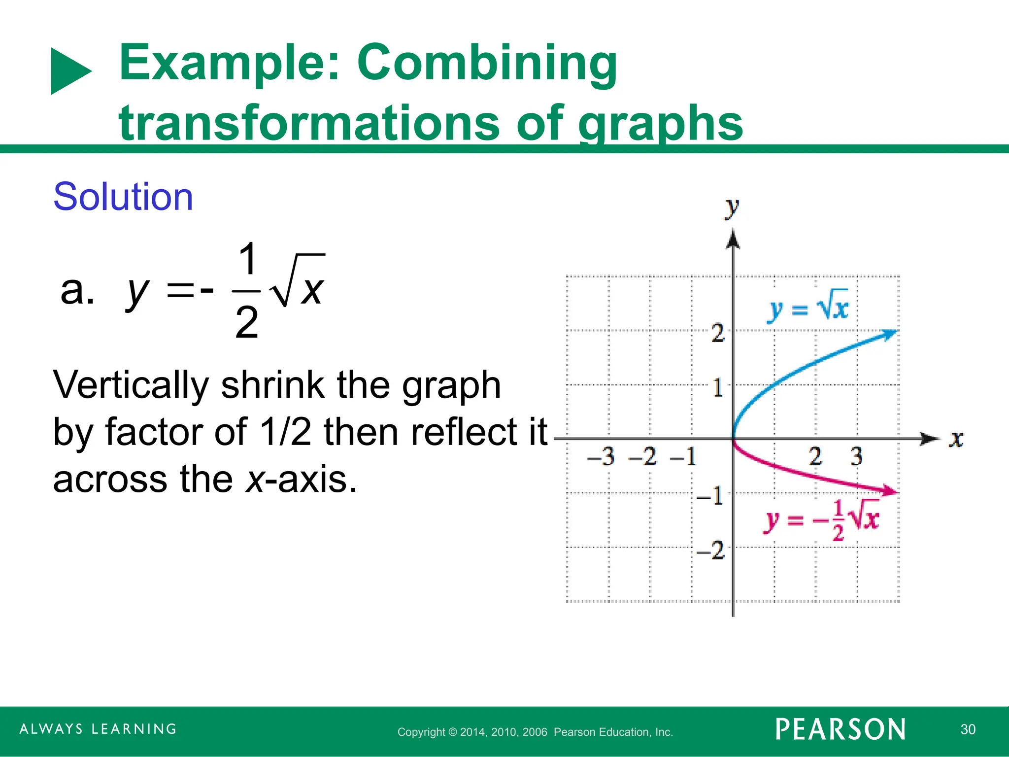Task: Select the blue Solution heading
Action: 123,197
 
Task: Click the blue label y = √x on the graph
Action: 808,309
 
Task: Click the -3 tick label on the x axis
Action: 602,457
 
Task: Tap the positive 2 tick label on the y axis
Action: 718,334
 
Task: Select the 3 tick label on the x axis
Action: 857,456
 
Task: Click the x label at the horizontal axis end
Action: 956,439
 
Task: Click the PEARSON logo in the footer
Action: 841,729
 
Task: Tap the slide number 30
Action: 968,729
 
